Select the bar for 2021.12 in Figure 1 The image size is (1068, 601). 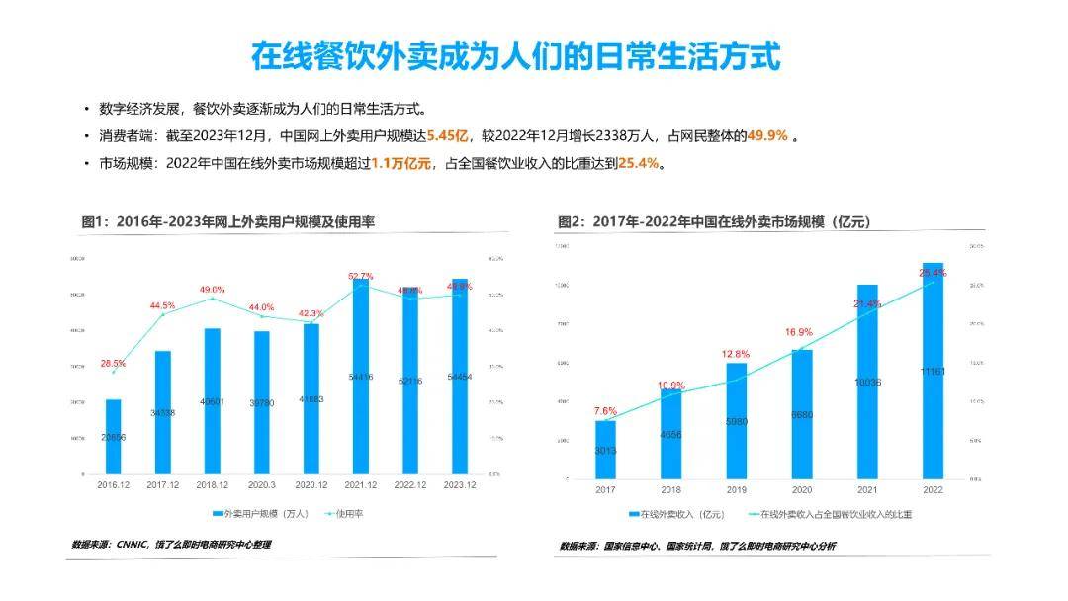click(361, 376)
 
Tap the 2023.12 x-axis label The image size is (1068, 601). click(459, 484)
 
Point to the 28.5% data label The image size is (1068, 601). click(114, 363)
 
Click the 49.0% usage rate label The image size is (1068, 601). click(213, 289)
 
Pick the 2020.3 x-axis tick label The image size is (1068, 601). click(262, 484)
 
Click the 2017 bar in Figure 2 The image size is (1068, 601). click(605, 450)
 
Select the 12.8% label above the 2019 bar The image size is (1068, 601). click(736, 353)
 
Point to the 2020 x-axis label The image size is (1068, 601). click(801, 489)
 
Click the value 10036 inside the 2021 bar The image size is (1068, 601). click(867, 382)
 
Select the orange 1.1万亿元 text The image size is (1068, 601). click(401, 163)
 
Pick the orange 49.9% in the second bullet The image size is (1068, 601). click(766, 136)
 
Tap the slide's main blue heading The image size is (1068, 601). click(515, 55)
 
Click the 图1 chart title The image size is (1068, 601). click(227, 222)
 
